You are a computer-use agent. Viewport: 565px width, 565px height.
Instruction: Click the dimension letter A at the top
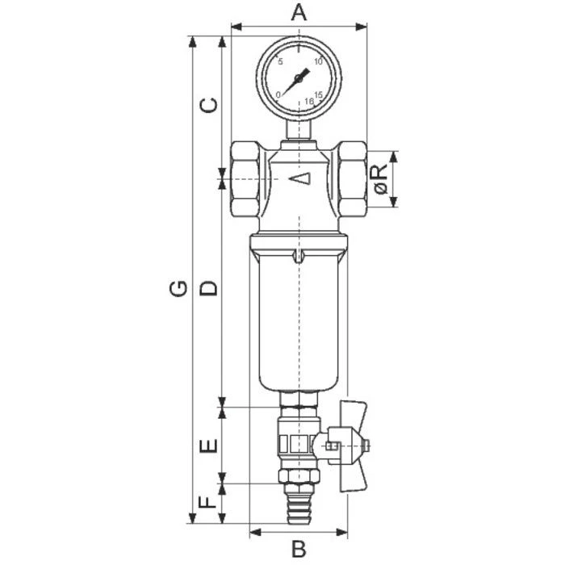point(299,12)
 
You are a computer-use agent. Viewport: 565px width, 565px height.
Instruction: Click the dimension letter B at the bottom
point(299,549)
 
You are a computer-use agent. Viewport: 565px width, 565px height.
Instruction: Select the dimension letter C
point(209,105)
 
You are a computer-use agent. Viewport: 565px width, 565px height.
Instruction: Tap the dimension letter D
point(209,288)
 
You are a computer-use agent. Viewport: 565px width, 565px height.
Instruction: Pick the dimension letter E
point(209,446)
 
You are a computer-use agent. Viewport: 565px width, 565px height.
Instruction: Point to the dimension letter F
point(209,502)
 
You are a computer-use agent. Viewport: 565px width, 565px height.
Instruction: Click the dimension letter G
point(178,288)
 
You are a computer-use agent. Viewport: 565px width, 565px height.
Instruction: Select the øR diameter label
point(381,179)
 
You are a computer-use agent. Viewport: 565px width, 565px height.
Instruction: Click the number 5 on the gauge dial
point(280,61)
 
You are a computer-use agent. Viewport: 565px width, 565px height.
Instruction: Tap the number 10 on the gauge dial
point(318,61)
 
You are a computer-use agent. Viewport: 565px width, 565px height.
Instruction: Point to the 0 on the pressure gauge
point(278,94)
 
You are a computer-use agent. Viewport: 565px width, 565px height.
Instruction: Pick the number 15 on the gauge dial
point(318,94)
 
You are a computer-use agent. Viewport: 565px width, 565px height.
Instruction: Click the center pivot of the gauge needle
point(299,78)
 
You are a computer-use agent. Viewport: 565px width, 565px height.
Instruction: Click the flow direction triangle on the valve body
point(299,178)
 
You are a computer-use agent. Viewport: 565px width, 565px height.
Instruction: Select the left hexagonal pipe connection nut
point(245,179)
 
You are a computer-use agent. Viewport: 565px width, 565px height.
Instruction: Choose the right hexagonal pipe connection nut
point(354,179)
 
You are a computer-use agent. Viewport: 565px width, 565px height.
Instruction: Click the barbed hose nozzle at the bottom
point(299,505)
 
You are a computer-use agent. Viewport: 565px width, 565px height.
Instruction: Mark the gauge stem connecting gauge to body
point(299,129)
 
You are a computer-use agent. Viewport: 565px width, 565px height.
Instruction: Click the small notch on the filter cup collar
point(299,256)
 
